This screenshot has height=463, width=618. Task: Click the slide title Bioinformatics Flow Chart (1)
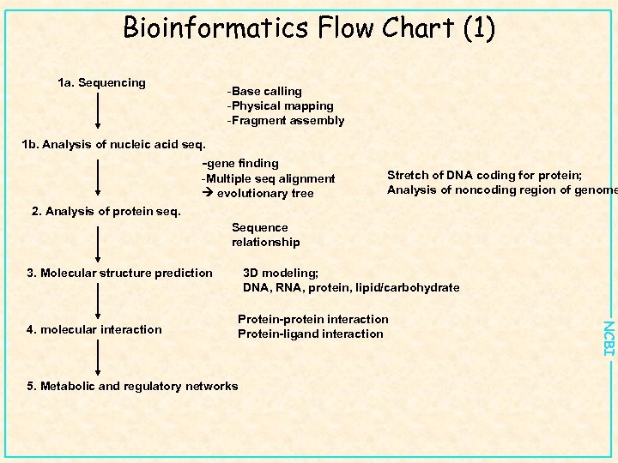[x=309, y=28]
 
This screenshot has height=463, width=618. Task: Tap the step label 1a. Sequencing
[x=101, y=83]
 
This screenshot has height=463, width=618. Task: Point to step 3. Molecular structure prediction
[x=119, y=273]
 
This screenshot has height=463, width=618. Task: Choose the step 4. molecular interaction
[x=94, y=329]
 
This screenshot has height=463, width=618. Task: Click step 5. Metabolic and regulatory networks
[x=133, y=386]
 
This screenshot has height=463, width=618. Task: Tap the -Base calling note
[x=264, y=91]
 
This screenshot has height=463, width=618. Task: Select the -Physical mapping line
[x=280, y=105]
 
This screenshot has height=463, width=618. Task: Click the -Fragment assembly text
[x=285, y=121]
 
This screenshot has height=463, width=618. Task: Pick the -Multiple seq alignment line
[x=268, y=178]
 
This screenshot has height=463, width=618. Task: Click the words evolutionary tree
[x=265, y=193]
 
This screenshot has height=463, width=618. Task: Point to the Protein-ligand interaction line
[x=310, y=334]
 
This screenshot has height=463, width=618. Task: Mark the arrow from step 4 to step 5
[x=100, y=358]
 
